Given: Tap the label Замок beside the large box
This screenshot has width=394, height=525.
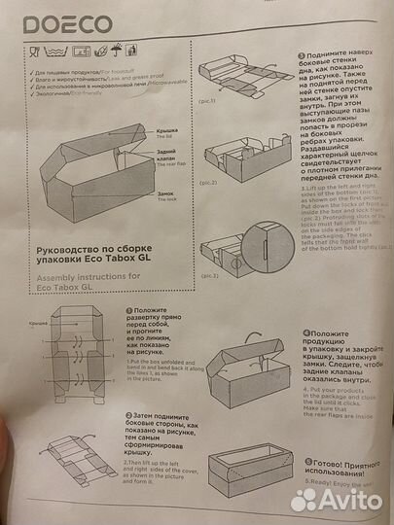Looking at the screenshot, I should pyautogui.click(x=166, y=195).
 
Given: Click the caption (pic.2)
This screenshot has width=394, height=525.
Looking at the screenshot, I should pyautogui.click(x=208, y=182).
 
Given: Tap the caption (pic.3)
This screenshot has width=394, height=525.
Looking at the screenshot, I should pyautogui.click(x=208, y=275).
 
